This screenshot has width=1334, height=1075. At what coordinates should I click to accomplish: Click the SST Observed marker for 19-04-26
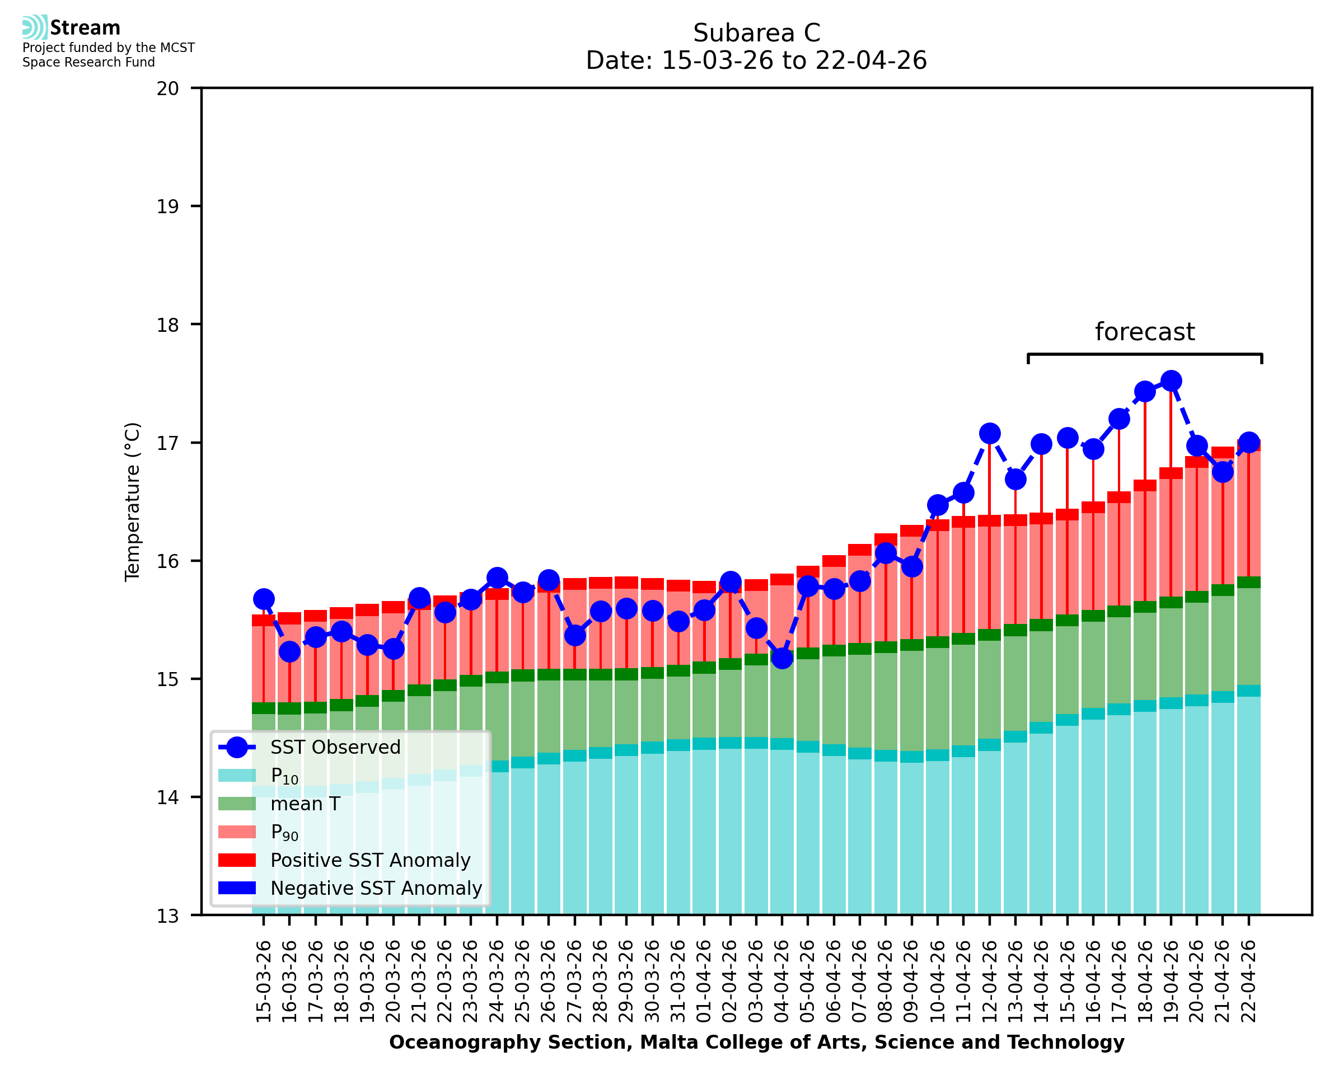(x=1170, y=381)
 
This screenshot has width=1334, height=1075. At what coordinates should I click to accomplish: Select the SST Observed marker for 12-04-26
(x=989, y=434)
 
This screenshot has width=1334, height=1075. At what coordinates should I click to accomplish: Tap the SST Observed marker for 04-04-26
(x=781, y=658)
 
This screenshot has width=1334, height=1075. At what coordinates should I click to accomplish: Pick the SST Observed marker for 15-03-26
(x=264, y=599)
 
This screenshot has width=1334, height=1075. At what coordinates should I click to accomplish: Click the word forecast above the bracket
(x=1144, y=332)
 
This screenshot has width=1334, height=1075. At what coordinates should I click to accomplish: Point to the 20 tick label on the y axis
(x=167, y=88)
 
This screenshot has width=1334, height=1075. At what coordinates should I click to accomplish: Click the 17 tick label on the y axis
(x=167, y=443)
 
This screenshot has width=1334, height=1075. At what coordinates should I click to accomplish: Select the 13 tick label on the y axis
(x=167, y=916)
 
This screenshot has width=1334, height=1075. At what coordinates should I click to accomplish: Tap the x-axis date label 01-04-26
(x=704, y=981)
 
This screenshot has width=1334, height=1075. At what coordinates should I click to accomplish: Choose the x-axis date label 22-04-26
(x=1248, y=981)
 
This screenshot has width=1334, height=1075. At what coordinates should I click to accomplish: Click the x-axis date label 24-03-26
(x=497, y=981)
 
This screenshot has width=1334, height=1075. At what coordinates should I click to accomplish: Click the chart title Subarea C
(x=756, y=33)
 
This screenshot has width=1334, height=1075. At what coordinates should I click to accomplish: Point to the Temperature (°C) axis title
(x=133, y=501)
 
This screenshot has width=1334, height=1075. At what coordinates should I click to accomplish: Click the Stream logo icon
(x=35, y=27)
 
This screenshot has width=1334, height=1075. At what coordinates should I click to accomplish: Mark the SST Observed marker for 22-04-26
(x=1248, y=443)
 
